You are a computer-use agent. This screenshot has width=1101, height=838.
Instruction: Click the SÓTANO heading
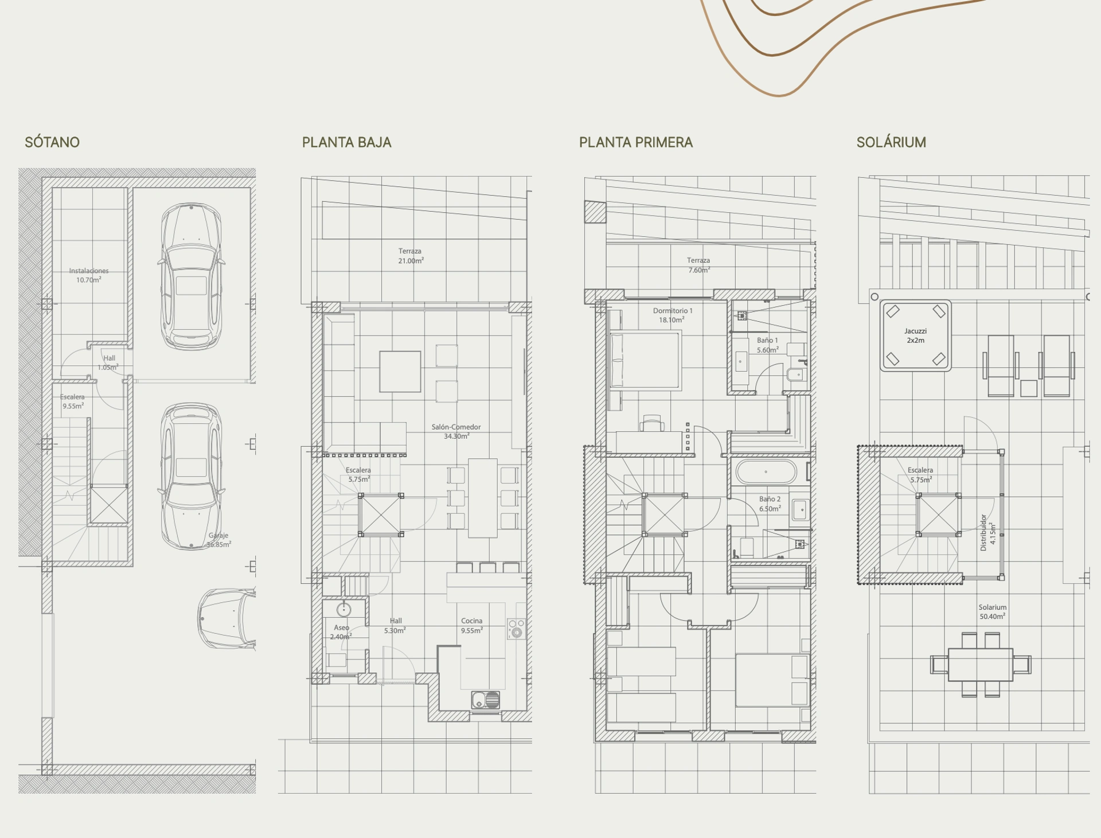point(52,142)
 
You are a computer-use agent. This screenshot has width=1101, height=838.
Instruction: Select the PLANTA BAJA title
point(346,142)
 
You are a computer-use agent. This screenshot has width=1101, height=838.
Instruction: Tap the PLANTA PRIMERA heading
point(635,142)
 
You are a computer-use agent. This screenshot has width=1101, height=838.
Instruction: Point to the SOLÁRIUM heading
point(891,142)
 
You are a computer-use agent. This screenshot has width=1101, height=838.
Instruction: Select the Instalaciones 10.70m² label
point(89,275)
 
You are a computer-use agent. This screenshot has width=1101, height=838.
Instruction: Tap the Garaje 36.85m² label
point(218,540)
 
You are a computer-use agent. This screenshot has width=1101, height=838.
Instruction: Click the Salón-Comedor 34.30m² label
point(456,431)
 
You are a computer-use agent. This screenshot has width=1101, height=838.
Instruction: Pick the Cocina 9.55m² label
point(472,625)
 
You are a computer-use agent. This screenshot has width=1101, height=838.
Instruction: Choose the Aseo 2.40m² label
point(341,632)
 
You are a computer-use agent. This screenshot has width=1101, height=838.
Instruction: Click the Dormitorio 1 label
point(673,311)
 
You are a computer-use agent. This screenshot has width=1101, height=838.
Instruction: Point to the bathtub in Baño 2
point(766,472)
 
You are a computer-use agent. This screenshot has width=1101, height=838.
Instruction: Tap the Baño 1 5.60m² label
point(767,345)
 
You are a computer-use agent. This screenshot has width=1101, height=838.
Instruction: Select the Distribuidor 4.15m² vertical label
point(988,532)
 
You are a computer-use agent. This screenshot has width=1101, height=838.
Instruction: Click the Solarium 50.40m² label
point(993,611)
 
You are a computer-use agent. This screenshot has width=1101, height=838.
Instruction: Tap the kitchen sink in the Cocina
point(485,700)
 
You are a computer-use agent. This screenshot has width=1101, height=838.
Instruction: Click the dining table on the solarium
point(981,664)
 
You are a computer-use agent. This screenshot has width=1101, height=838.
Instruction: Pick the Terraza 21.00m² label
point(411,256)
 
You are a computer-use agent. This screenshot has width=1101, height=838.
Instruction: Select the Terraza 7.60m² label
point(698,265)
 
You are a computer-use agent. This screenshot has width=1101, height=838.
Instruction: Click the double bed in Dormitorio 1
point(645,361)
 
